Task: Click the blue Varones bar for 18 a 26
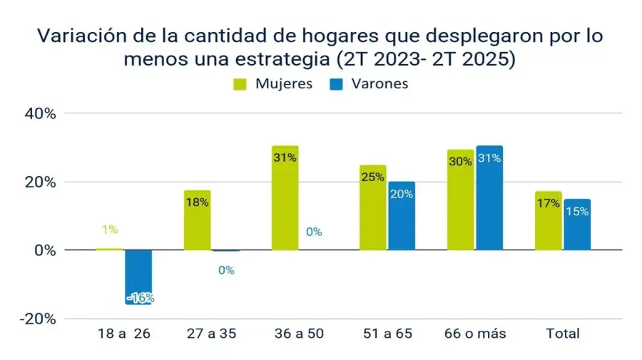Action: click(x=139, y=277)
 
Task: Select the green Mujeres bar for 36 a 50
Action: click(x=285, y=198)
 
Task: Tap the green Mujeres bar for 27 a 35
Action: click(x=197, y=220)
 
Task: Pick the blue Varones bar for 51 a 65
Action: click(x=402, y=216)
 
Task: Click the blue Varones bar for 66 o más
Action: click(x=489, y=198)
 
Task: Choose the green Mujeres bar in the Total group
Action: click(x=548, y=221)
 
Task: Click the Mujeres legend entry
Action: click(x=274, y=83)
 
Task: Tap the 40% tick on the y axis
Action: click(x=41, y=113)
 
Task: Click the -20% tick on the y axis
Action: click(x=38, y=319)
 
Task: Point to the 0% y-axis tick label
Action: click(x=44, y=250)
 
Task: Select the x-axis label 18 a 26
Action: click(x=125, y=334)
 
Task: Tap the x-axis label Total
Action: click(x=563, y=334)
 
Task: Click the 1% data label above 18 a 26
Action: click(x=109, y=230)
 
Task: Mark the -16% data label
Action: click(x=140, y=298)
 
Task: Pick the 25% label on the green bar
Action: click(x=372, y=177)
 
